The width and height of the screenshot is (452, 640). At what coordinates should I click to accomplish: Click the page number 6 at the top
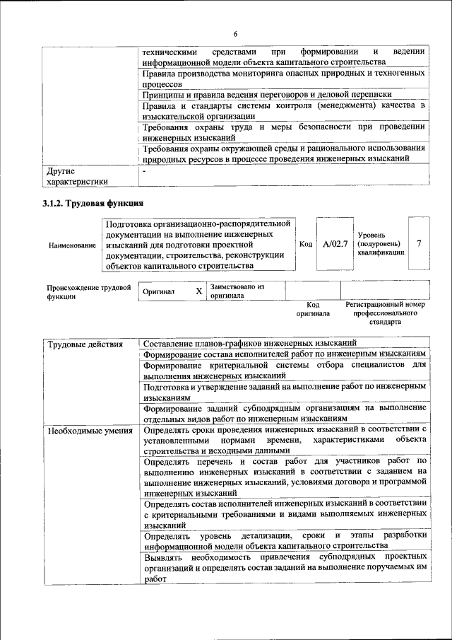(x=235, y=34)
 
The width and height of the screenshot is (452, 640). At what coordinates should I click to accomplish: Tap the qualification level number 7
(x=419, y=244)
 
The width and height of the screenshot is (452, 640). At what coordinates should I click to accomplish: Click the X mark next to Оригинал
(x=199, y=291)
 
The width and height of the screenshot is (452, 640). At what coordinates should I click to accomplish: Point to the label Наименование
(x=72, y=245)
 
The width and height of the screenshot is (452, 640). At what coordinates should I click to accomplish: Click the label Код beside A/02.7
(x=306, y=244)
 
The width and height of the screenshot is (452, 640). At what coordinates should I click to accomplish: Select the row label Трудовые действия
(x=76, y=344)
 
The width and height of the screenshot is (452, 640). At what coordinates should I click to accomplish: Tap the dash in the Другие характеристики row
(x=144, y=171)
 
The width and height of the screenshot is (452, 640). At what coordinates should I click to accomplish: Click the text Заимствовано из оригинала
(x=237, y=291)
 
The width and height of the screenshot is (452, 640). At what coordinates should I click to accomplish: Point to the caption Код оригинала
(x=313, y=308)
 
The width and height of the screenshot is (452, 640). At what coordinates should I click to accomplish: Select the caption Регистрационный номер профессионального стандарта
(x=385, y=313)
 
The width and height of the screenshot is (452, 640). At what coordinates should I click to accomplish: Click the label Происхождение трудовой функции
(x=89, y=292)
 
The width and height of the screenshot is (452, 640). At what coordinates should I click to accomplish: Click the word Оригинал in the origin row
(x=159, y=291)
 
